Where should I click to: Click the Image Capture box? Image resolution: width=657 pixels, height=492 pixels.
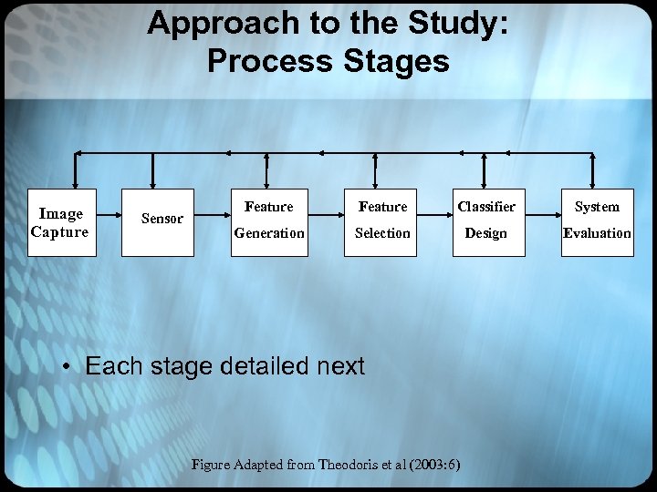coord(59,222)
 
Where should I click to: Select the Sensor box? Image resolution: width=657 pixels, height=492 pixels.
coord(162,219)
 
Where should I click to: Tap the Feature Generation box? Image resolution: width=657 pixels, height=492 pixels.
coord(268,220)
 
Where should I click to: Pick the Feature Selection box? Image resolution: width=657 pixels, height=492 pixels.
coord(381,220)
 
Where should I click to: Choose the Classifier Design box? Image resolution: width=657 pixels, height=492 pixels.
coord(487,220)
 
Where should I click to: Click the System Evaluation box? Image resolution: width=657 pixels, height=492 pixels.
coord(596,220)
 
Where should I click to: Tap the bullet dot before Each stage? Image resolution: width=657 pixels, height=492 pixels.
coord(68,367)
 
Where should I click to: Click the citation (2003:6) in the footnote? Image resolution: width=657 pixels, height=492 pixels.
coord(428,465)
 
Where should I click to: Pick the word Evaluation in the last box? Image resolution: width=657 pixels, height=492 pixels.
coord(597,233)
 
